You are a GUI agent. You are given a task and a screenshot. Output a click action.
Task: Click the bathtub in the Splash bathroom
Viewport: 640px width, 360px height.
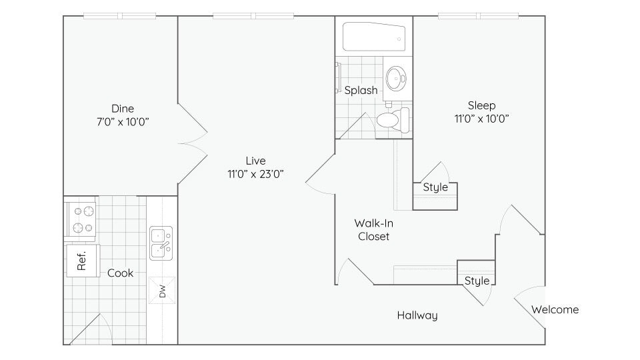point(373,37)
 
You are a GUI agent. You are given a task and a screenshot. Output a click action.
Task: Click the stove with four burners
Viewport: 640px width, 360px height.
point(81,219)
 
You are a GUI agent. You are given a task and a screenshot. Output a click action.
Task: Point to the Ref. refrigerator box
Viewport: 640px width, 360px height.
point(82,260)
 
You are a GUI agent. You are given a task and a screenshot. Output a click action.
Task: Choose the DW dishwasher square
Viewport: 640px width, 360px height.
point(161,290)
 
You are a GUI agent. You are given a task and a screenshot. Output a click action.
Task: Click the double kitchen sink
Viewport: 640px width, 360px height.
point(161,243)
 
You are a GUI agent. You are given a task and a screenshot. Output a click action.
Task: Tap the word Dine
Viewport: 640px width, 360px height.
point(123,109)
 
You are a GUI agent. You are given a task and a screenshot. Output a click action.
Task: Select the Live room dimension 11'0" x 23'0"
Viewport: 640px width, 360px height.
point(255,174)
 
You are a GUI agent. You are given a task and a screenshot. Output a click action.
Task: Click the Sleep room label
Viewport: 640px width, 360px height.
point(481,105)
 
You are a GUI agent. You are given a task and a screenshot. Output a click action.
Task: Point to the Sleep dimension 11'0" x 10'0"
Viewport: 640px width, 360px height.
point(481,119)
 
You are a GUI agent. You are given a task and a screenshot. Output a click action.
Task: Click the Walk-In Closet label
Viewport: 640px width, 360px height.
point(373,229)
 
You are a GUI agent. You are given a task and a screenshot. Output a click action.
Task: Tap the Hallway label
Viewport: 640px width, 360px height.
point(417,315)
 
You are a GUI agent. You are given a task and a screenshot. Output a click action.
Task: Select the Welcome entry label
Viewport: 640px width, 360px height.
point(555,309)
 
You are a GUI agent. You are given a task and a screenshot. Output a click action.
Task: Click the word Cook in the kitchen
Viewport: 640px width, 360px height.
point(120,273)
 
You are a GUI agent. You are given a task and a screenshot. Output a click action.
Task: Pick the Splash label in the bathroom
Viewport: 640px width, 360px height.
point(361,90)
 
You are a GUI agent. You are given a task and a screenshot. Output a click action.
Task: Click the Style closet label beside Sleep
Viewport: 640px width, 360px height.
point(435,187)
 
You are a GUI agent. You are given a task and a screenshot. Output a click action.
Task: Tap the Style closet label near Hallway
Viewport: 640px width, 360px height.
point(477,281)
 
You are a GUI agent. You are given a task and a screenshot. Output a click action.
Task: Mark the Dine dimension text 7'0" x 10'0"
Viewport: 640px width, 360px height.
point(123,122)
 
